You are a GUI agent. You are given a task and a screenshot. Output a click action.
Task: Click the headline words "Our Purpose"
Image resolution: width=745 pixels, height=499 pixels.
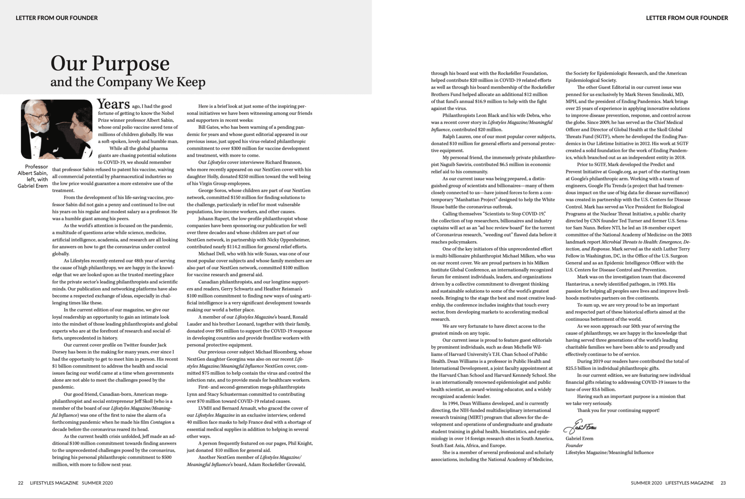pos(110,64)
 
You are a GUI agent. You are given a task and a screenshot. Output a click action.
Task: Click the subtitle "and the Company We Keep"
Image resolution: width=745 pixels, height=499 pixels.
pos(128,82)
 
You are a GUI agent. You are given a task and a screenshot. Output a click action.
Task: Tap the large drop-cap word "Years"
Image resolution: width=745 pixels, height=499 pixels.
pos(113,104)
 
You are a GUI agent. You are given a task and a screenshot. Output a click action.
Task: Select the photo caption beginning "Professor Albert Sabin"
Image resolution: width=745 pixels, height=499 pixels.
pos(33,176)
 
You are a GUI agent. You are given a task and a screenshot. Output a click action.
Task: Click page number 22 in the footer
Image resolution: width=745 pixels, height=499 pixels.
pos(20,483)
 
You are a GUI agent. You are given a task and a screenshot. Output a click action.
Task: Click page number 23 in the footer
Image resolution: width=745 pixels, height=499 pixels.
pos(723,483)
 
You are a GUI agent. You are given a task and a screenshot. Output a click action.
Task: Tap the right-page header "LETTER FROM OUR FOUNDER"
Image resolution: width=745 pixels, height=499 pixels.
pos(687,18)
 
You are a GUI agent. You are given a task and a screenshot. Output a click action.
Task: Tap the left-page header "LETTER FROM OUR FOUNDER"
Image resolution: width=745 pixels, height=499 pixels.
pos(57,18)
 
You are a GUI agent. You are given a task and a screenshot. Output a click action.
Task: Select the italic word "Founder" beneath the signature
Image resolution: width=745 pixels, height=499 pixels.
pos(574,445)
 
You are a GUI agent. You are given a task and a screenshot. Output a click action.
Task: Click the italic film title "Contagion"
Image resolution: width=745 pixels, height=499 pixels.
pos(160,422)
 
